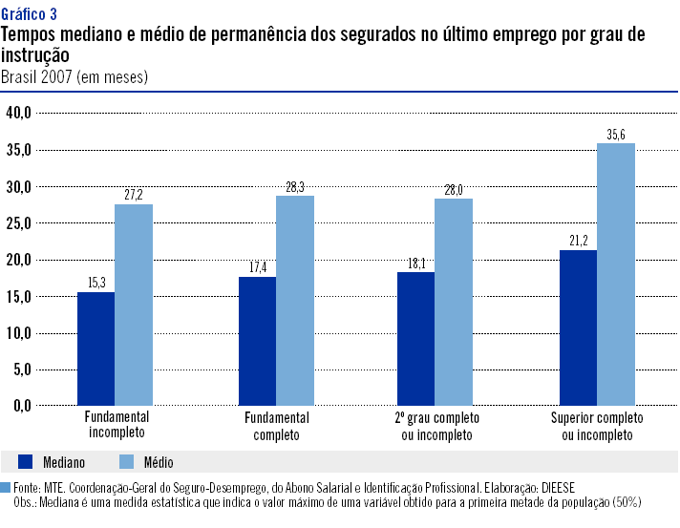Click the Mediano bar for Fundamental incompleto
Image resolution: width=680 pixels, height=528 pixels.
[x=96, y=348]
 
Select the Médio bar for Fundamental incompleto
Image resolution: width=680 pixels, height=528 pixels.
[x=134, y=305]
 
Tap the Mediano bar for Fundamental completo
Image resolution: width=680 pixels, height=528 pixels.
[x=257, y=341]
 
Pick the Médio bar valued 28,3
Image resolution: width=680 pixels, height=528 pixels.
[x=294, y=301]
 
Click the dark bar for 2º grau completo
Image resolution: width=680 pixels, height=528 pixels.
[x=415, y=339]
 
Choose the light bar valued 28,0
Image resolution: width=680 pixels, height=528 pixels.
[x=454, y=302]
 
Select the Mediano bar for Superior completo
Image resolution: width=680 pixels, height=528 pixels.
[x=578, y=327]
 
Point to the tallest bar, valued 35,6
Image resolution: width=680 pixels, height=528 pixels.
[x=616, y=274]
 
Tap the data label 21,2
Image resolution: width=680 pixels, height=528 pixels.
[x=578, y=238]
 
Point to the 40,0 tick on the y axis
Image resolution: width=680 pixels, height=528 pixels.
[x=19, y=113]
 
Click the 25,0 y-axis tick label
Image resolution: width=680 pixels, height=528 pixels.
[x=19, y=222]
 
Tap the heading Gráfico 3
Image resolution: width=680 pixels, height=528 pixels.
[x=29, y=14]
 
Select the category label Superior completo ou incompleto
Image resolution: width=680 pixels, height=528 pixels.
[x=597, y=426]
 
